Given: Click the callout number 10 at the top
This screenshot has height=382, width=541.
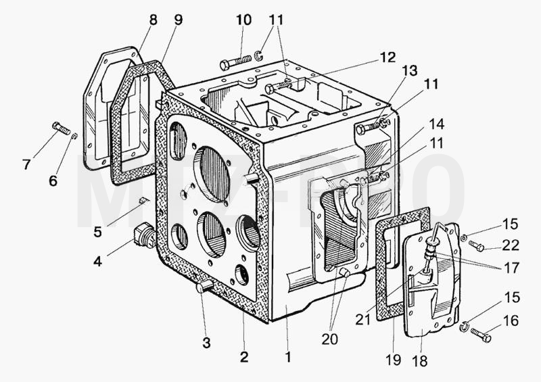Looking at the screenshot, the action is (x=243, y=20).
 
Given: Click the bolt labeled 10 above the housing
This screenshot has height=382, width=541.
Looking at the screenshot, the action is (x=235, y=62).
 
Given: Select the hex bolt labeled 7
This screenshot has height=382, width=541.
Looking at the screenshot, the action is (x=61, y=128).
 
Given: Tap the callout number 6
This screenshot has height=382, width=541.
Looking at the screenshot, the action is (x=53, y=181).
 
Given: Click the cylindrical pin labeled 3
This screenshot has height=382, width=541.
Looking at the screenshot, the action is (x=204, y=286).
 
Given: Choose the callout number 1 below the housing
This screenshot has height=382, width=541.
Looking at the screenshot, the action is (x=288, y=357).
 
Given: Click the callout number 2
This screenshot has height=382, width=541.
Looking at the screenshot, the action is (x=244, y=357).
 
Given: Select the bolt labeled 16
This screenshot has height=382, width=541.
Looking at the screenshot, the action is (x=481, y=335).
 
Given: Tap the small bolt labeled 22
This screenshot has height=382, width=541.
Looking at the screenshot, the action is (x=477, y=245).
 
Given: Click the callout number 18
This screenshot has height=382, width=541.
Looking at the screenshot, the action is (x=419, y=361).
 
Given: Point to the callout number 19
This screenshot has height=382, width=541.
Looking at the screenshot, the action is (x=394, y=359).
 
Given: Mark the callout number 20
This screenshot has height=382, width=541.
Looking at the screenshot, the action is (x=329, y=339).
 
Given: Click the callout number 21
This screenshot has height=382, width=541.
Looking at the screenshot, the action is (x=362, y=320).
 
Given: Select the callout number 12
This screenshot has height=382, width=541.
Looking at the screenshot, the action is (x=387, y=57).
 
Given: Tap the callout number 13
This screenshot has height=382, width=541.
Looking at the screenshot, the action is (x=410, y=71).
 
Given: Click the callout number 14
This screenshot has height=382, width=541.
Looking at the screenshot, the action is (x=436, y=124).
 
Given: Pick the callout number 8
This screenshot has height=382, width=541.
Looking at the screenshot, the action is (x=154, y=20).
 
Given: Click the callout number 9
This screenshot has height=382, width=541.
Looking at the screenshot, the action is (x=178, y=20).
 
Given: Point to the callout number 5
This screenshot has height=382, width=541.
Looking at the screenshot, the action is (x=97, y=232).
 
